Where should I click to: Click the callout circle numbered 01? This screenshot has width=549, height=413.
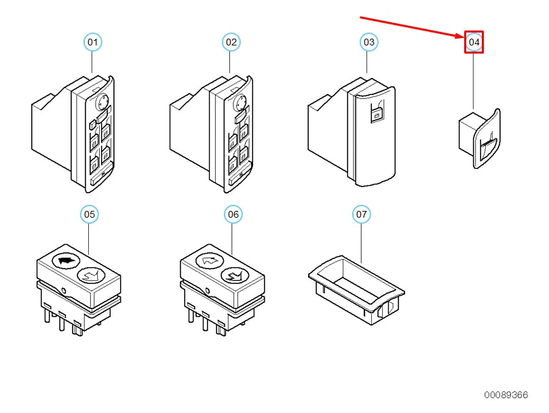[92, 42]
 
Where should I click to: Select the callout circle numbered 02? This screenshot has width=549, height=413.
[231, 42]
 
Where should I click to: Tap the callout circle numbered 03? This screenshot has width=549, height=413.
[369, 42]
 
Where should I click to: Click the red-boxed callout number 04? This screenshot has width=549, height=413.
[474, 42]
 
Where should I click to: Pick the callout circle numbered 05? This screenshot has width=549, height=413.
[90, 214]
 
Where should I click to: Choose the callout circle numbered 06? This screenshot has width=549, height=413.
[233, 214]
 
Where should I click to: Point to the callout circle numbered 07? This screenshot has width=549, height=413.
[361, 214]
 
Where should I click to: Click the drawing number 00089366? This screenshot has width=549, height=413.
[506, 395]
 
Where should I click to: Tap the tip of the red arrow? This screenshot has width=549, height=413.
[464, 37]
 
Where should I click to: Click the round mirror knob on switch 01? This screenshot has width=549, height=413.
[102, 102]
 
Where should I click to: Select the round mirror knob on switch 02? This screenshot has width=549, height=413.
[240, 102]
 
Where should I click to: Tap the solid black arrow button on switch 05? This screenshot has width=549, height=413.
[67, 260]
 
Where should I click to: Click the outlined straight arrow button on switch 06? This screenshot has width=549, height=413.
[210, 260]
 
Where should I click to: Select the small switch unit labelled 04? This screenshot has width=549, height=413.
[479, 138]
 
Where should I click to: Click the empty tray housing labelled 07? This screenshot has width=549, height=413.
[356, 290]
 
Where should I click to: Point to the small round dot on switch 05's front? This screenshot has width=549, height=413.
[63, 290]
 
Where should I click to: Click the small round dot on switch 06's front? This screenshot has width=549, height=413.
[207, 290]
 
